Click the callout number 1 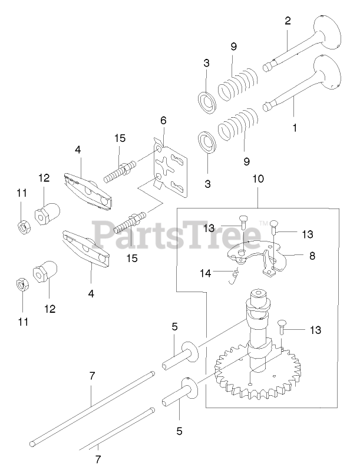coord(295,126)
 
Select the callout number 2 coord(288,21)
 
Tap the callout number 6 coord(163,120)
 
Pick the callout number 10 coord(257,178)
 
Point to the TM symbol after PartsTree coord(264,222)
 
